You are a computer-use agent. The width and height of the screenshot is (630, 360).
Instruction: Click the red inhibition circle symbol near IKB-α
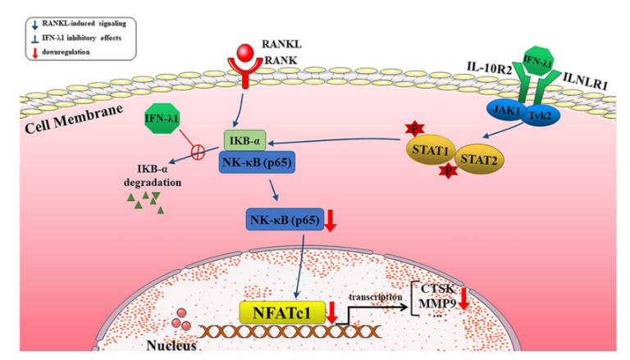pyautogui.click(x=198, y=152)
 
